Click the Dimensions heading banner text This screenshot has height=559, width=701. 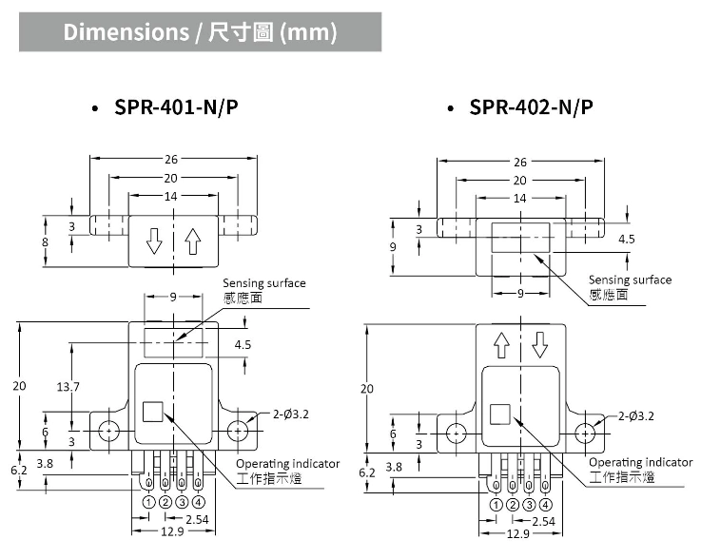(200, 32)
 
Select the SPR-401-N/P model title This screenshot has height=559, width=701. (176, 107)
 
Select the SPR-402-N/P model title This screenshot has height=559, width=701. (531, 107)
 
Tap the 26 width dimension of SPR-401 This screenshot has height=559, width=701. (172, 160)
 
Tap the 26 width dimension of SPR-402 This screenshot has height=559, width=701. (519, 163)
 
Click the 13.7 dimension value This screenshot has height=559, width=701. (68, 386)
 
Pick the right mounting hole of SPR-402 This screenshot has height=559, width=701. (585, 432)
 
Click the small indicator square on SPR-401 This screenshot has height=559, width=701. (152, 412)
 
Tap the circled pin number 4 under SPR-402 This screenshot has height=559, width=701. (545, 504)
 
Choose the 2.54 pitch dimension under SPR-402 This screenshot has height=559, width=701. (543, 522)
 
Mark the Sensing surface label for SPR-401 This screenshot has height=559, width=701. (264, 283)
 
